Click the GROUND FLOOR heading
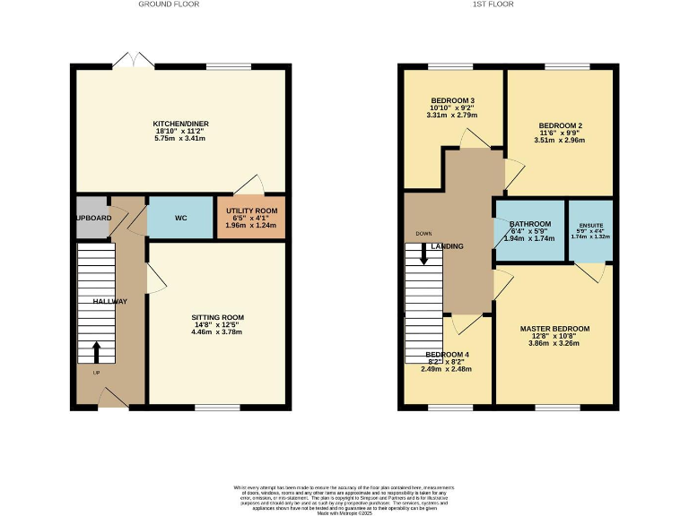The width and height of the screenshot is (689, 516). pos(169,4)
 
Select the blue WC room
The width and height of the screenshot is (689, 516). pos(180,218)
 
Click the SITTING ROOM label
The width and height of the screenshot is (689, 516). pos(217,318)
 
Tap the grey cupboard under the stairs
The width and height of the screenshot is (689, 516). pos(92,218)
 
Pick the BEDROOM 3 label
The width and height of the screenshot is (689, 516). pos(453,100)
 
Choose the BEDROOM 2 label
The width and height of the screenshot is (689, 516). pos(561,125)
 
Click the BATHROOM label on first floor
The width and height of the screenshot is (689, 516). pos(528,224)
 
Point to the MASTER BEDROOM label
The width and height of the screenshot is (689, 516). pos(554,329)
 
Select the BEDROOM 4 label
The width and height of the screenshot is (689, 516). pos(448,355)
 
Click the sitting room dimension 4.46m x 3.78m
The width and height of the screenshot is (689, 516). pos(217,332)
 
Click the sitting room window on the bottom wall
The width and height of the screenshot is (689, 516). pos(217,408)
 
